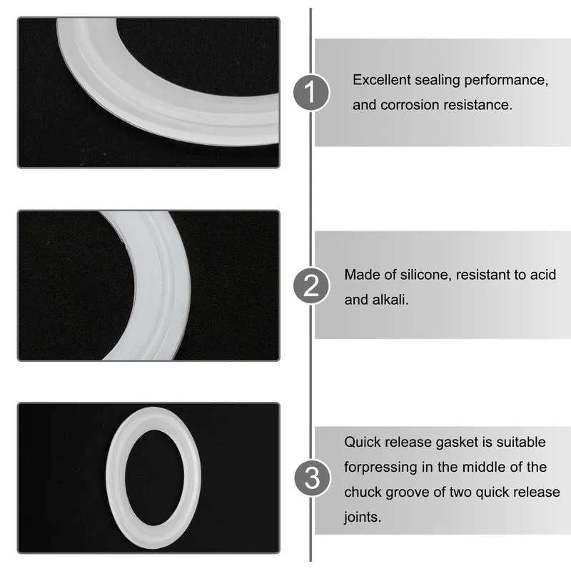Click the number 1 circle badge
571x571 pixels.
click(311, 92)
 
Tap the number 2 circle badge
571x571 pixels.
click(311, 285)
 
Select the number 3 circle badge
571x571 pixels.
click(312, 477)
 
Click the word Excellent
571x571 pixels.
click(382, 80)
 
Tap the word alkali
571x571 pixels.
click(390, 300)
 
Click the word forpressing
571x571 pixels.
click(380, 468)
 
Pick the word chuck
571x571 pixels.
click(363, 492)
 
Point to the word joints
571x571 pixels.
click(363, 517)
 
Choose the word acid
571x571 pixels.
click(543, 275)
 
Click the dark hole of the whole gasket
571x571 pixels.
click(154, 477)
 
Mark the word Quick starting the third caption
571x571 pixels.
click(363, 442)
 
